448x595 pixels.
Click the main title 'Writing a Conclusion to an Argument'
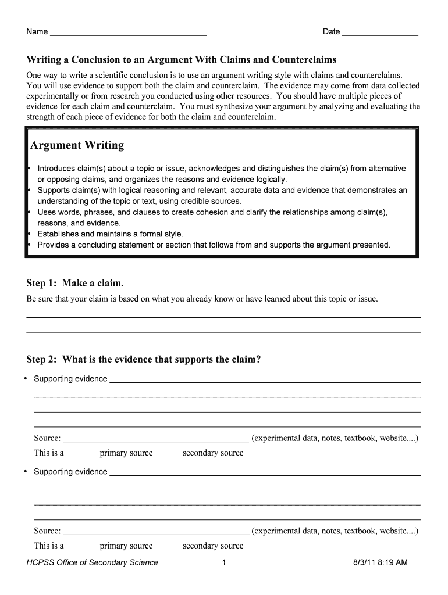[182, 60]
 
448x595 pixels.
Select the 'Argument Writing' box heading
[77, 145]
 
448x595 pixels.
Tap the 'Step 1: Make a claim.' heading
[75, 283]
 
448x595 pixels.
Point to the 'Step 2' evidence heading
[144, 359]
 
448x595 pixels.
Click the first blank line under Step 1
[223, 317]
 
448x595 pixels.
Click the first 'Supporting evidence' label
[70, 379]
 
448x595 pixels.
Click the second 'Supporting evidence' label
[70, 472]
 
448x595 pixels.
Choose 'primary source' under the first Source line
[126, 453]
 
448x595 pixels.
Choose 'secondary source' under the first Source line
[213, 453]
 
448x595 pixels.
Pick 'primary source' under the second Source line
[126, 546]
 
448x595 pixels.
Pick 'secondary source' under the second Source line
[213, 546]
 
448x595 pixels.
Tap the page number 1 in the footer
[224, 562]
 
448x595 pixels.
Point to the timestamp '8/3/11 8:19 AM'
[380, 562]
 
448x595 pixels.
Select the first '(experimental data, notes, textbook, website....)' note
[335, 438]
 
